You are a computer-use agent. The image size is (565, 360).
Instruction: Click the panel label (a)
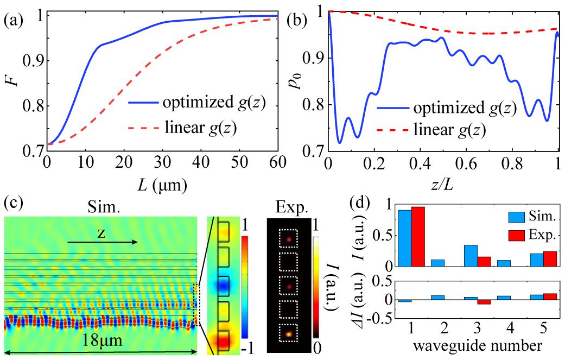(12, 22)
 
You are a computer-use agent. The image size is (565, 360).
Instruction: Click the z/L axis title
(442, 185)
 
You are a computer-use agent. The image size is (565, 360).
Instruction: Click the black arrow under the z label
(103, 242)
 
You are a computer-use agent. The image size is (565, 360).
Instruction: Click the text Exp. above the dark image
(288, 207)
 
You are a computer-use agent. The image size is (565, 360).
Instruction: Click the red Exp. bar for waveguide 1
(418, 237)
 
